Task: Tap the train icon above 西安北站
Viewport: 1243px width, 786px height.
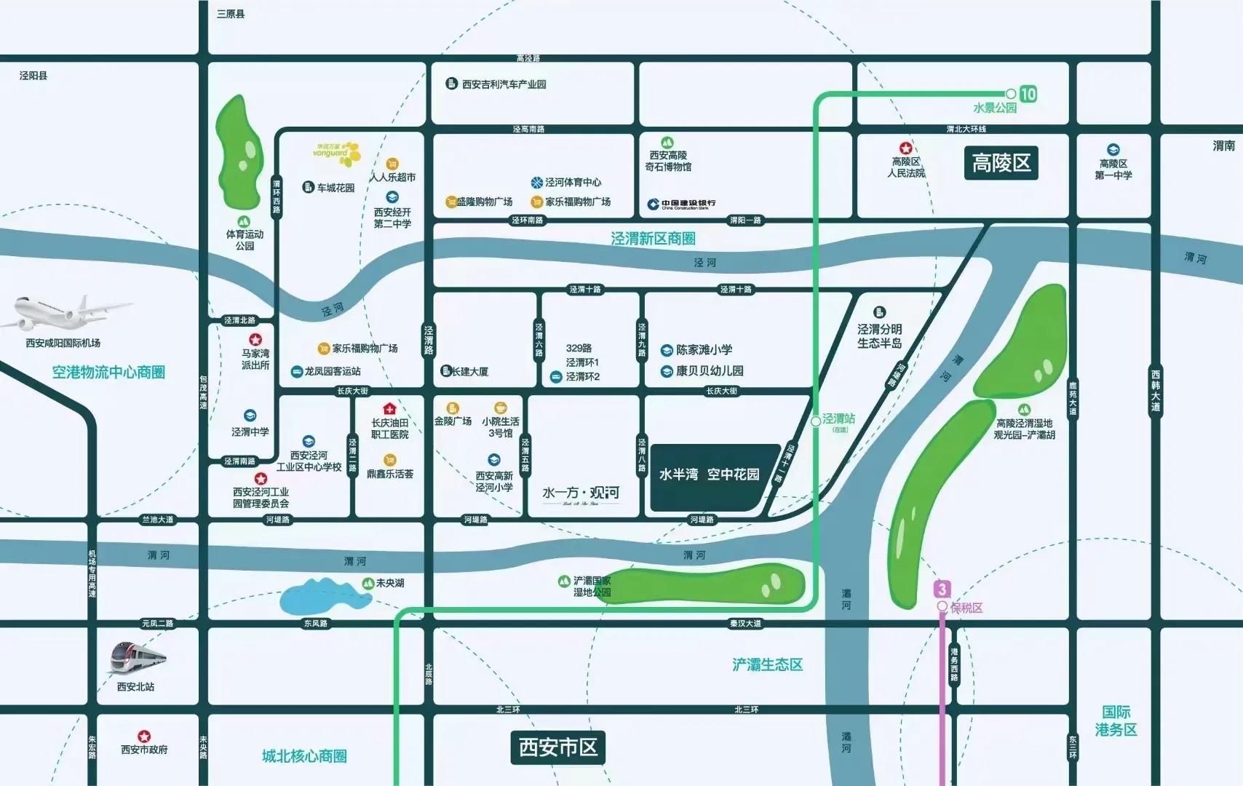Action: pos(138,659)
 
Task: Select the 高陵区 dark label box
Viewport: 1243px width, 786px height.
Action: pos(1001,163)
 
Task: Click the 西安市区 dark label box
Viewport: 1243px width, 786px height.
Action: pos(558,747)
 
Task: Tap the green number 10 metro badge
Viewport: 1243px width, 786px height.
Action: pos(1028,94)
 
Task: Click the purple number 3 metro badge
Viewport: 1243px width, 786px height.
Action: pos(942,589)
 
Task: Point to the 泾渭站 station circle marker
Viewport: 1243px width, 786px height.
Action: pos(816,421)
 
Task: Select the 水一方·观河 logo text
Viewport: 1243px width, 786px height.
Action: pos(581,494)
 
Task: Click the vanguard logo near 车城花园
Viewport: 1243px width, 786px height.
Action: pos(337,153)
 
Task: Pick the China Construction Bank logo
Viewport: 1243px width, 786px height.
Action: pos(681,205)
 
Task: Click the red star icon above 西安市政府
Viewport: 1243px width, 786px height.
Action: pos(144,737)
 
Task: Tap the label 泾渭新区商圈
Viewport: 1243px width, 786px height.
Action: pos(653,239)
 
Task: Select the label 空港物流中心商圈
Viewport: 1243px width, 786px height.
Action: pos(108,373)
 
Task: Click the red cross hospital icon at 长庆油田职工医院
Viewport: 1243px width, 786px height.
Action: pos(389,408)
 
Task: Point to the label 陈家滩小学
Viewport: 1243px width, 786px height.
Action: pos(704,350)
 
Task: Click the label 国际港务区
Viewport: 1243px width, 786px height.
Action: pos(1116,720)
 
